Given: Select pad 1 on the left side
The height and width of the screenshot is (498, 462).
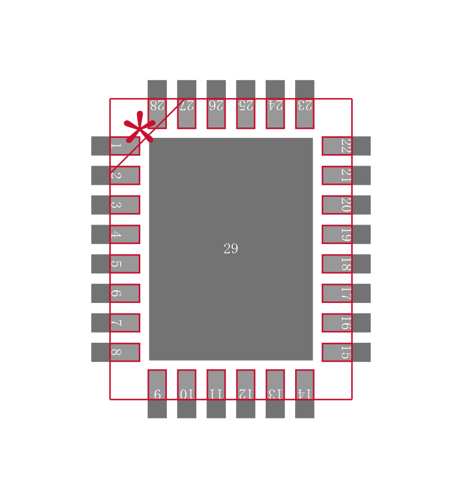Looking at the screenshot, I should [115, 146].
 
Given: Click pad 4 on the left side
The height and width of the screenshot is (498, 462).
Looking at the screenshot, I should [115, 234].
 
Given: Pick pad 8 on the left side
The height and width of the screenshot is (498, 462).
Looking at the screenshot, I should [115, 352].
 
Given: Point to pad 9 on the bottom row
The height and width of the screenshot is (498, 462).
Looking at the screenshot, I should [157, 394].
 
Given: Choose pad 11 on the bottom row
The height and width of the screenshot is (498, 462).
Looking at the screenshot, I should [216, 394].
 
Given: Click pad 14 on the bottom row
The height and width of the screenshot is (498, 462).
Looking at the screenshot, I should [304, 394].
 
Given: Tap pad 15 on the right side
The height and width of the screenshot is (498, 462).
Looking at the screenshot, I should [346, 352].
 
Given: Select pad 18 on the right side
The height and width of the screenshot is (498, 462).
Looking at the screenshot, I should [346, 264].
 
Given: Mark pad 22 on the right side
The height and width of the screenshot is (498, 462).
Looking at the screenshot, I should [346, 146].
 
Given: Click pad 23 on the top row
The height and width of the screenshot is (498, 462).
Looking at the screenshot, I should [304, 104].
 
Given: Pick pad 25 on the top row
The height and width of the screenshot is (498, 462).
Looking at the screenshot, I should [245, 104].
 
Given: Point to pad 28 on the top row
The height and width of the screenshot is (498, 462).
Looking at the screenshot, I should [157, 104].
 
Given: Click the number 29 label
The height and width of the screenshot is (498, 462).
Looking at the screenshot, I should [230, 249].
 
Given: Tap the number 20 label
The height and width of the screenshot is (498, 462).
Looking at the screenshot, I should [345, 205].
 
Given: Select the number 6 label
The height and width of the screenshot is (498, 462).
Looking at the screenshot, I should [115, 293].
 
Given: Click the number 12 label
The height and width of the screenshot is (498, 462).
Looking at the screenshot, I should [245, 394].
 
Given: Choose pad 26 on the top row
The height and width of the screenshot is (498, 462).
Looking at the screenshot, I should [216, 104].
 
